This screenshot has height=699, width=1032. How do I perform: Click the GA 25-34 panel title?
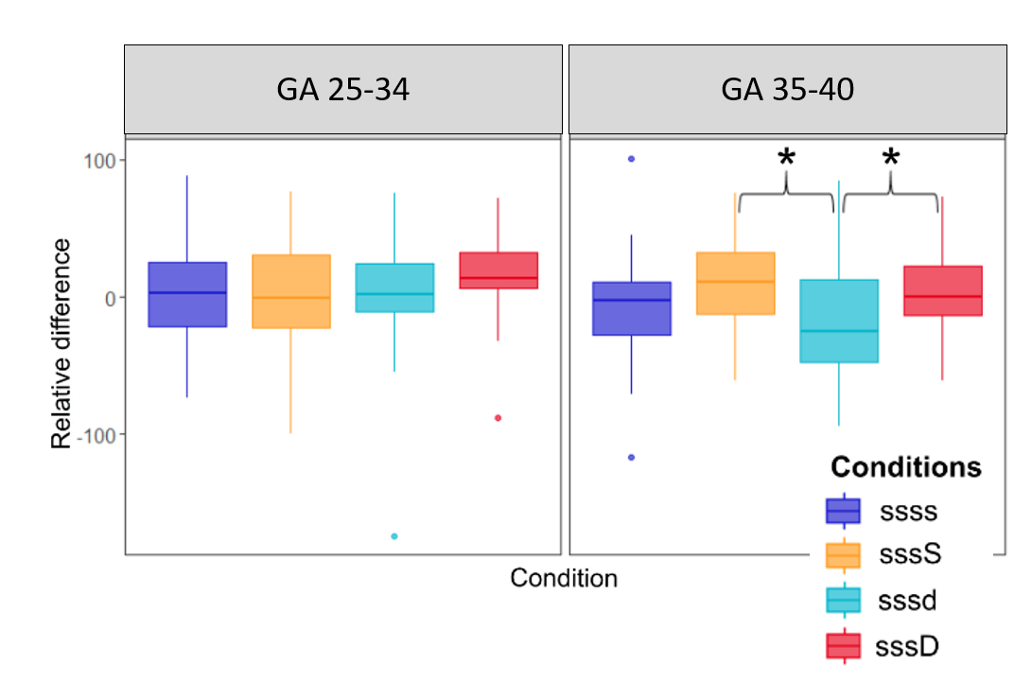click(x=342, y=90)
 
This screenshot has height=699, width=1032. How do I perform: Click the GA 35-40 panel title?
click(x=787, y=90)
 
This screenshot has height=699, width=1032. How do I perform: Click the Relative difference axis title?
click(x=61, y=343)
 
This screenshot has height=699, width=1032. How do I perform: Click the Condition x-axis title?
click(x=564, y=578)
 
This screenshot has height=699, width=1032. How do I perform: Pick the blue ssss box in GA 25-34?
click(x=187, y=294)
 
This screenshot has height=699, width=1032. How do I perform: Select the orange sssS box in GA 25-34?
click(x=291, y=291)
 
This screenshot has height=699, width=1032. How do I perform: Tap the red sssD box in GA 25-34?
click(x=499, y=271)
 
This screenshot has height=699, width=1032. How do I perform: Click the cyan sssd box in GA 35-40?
click(x=839, y=321)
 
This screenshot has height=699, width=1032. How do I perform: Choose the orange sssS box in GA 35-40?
click(x=735, y=283)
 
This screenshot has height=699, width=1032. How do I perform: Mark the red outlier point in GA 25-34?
click(x=499, y=418)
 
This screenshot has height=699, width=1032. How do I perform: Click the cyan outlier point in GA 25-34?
click(x=394, y=536)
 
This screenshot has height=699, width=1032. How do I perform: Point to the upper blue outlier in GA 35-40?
click(x=631, y=159)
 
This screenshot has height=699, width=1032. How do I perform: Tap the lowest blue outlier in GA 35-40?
click(x=631, y=457)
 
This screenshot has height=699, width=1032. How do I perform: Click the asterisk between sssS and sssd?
click(x=786, y=157)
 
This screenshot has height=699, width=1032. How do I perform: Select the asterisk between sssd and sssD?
click(x=890, y=157)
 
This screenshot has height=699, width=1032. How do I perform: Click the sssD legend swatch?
click(x=843, y=646)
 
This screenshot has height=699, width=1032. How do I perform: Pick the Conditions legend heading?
click(x=905, y=468)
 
